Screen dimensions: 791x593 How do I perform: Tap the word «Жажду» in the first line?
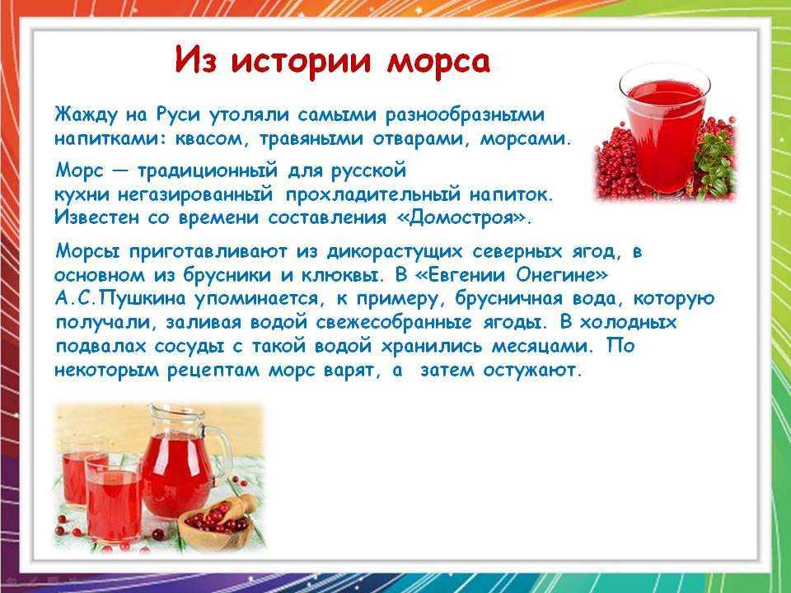pos(85,115)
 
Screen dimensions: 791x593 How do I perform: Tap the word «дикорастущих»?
pos(395,252)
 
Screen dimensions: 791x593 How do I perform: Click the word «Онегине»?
pos(558,275)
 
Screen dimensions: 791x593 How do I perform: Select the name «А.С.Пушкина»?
pos(120,299)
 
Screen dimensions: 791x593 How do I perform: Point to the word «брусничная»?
pos(509,299)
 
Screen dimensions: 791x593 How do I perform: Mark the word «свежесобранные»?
pos(394,323)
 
